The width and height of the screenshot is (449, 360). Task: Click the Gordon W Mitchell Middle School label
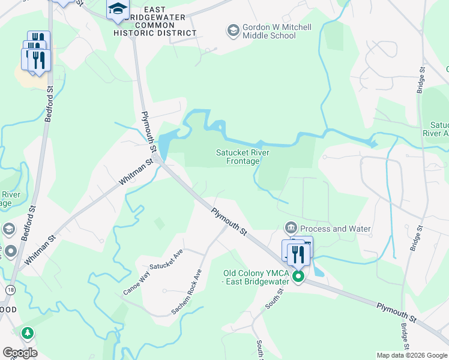point(269,31)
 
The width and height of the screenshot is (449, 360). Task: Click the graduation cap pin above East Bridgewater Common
point(118,8)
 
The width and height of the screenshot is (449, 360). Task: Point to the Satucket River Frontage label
point(243,157)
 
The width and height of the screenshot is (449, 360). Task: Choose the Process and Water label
point(335,229)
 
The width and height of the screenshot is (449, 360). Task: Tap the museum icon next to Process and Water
point(291,228)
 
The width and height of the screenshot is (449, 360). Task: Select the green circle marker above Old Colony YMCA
point(298,277)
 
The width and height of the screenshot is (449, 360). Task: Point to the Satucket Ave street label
point(166,261)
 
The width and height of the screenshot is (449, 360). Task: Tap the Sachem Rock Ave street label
point(187,292)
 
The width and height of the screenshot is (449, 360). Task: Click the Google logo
point(20,353)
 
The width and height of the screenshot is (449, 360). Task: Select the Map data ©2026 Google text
point(412,355)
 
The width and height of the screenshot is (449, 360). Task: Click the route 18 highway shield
point(10,290)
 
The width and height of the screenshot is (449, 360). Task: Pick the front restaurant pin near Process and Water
point(298,254)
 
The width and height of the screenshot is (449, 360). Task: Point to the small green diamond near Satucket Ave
point(159,223)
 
